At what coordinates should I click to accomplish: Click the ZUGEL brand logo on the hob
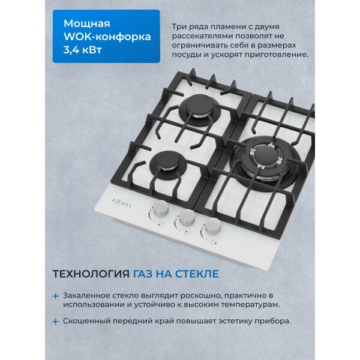(x=122, y=203)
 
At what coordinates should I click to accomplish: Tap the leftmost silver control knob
(x=160, y=208)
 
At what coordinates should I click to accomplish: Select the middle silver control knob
(x=187, y=218)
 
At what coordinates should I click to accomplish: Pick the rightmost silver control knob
(x=213, y=227)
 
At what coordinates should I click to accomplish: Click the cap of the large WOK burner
(x=266, y=155)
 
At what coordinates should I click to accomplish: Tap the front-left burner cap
(x=167, y=160)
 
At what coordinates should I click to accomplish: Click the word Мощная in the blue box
(x=87, y=23)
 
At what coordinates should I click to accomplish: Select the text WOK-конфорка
(x=107, y=37)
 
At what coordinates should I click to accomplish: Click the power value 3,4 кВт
(x=82, y=50)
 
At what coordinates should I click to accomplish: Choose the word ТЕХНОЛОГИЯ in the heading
(x=91, y=274)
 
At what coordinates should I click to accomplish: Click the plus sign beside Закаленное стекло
(x=55, y=296)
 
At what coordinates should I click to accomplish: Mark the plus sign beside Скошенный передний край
(x=55, y=322)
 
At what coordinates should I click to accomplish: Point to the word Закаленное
(x=86, y=295)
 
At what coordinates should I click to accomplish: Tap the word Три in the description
(x=179, y=26)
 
